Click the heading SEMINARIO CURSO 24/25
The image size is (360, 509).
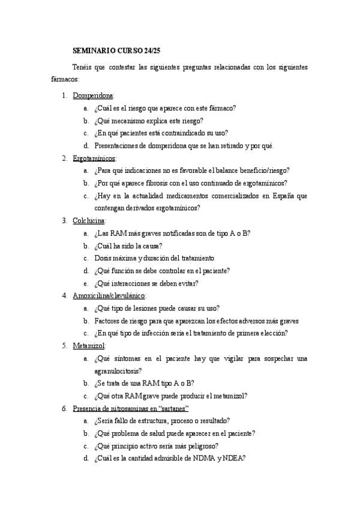pos(113,52)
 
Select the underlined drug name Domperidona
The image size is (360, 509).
pos(93,95)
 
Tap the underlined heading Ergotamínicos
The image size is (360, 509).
pos(94,158)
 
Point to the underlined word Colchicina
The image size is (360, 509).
pos(89,220)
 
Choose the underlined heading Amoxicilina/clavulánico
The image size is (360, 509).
pos(109,295)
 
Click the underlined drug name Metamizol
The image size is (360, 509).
pos(89,346)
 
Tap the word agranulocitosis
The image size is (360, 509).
pos(118,370)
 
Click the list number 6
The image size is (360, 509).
pos(64,408)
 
